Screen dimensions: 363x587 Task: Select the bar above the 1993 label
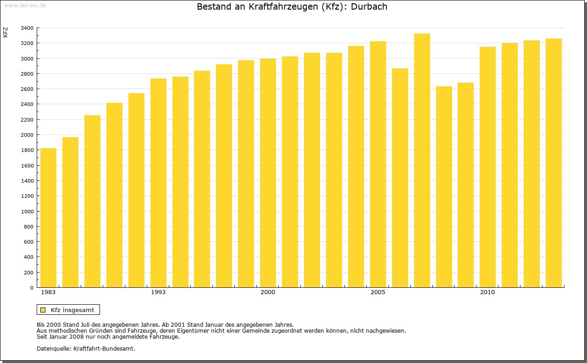click(158, 184)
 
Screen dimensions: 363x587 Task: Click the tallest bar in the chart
click(422, 161)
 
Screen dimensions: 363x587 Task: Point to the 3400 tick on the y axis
click(27, 28)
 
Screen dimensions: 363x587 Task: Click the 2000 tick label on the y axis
click(27, 135)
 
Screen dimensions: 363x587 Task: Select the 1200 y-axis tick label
click(27, 196)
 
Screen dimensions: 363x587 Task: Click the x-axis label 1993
click(158, 292)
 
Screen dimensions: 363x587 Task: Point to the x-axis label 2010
click(487, 292)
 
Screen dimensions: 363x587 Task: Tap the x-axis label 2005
click(378, 292)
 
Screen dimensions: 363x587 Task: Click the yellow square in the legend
click(43, 310)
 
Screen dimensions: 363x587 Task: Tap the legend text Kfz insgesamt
click(72, 310)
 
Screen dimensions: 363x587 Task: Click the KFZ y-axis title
click(6, 32)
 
